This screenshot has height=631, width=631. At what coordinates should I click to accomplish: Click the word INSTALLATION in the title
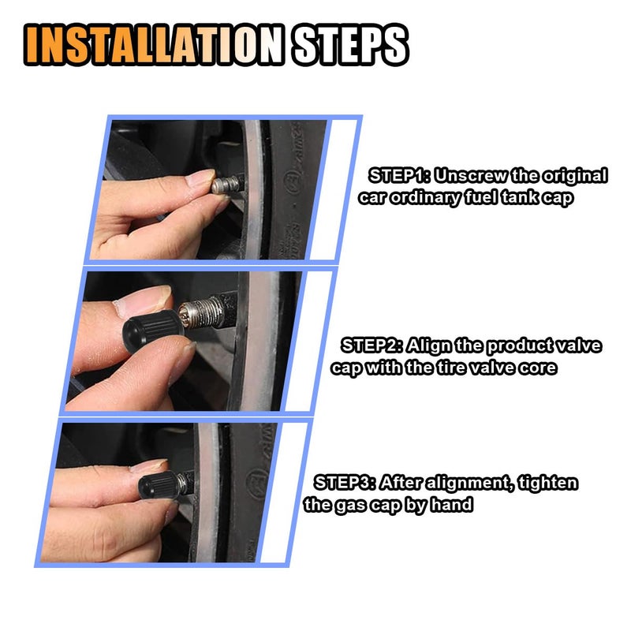coord(154,44)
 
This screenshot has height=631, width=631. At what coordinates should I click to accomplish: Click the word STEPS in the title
coord(349,44)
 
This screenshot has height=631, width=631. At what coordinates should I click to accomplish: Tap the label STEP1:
coord(399,176)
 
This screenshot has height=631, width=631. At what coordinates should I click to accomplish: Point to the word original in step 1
coord(575,176)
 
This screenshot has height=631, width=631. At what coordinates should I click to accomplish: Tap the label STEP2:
coord(372,345)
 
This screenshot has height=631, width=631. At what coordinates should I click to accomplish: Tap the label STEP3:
coord(345,482)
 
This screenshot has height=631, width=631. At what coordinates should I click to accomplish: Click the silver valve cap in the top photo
coord(226,184)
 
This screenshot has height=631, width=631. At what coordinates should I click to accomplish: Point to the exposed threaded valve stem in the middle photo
coord(201,314)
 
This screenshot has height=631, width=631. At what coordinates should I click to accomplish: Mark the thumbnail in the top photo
coord(200,177)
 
